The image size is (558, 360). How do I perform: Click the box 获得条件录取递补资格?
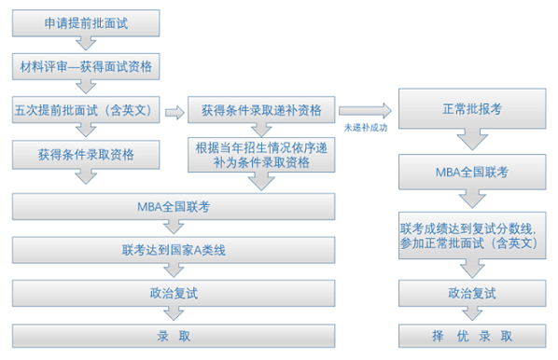pyautogui.click(x=261, y=111)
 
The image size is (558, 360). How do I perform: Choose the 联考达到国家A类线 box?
pyautogui.click(x=174, y=250)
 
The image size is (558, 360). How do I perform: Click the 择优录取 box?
pyautogui.click(x=471, y=336)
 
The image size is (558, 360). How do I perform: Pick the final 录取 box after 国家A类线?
pyautogui.click(x=174, y=336)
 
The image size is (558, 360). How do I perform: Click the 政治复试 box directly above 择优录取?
pyautogui.click(x=471, y=293)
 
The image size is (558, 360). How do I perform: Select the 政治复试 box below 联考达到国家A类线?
pyautogui.click(x=174, y=293)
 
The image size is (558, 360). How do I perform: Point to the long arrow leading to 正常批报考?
pyautogui.click(x=366, y=111)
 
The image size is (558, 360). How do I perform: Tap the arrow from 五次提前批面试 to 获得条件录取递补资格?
pyautogui.click(x=174, y=112)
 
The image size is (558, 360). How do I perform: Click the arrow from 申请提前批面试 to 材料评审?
pyautogui.click(x=86, y=44)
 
